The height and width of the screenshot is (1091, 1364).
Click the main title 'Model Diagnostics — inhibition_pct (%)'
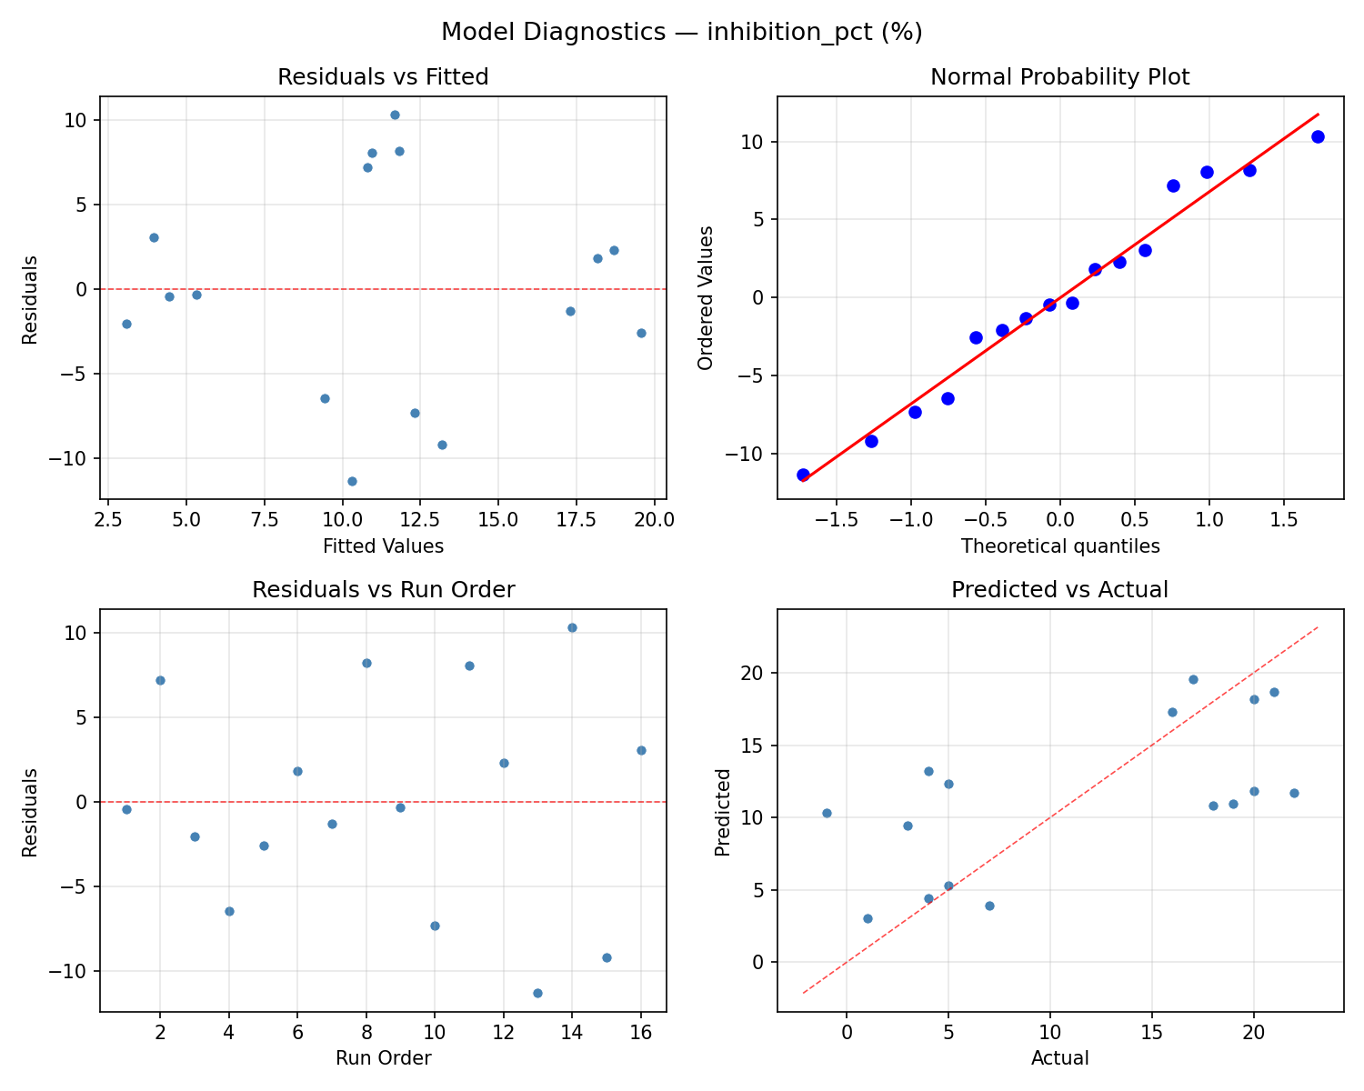point(682,33)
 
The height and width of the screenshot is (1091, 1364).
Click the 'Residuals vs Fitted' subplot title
point(383,77)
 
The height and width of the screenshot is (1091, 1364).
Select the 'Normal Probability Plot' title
point(1059,77)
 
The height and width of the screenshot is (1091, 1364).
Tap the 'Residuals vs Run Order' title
point(383,590)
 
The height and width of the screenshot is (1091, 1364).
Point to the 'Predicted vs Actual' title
point(1059,590)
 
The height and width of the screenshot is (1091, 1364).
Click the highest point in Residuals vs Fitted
point(395,115)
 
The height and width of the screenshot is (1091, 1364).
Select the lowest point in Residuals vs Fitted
point(352,481)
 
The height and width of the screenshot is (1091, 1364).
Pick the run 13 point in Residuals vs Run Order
point(537,993)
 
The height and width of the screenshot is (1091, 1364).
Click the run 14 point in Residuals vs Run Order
point(572,627)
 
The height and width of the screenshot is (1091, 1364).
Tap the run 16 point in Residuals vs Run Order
point(641,750)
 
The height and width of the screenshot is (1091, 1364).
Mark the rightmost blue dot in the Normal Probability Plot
point(1318,136)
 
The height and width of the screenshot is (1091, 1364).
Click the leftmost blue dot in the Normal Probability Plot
point(803,475)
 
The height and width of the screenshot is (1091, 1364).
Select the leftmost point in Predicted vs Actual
point(827,813)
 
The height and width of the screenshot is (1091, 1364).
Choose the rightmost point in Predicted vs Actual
point(1294,793)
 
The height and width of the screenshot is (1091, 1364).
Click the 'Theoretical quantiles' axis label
point(1059,546)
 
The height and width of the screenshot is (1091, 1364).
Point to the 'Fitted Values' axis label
point(383,546)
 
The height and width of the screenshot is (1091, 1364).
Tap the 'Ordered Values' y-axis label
point(706,297)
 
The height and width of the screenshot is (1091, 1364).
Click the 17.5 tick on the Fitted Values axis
point(576,520)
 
